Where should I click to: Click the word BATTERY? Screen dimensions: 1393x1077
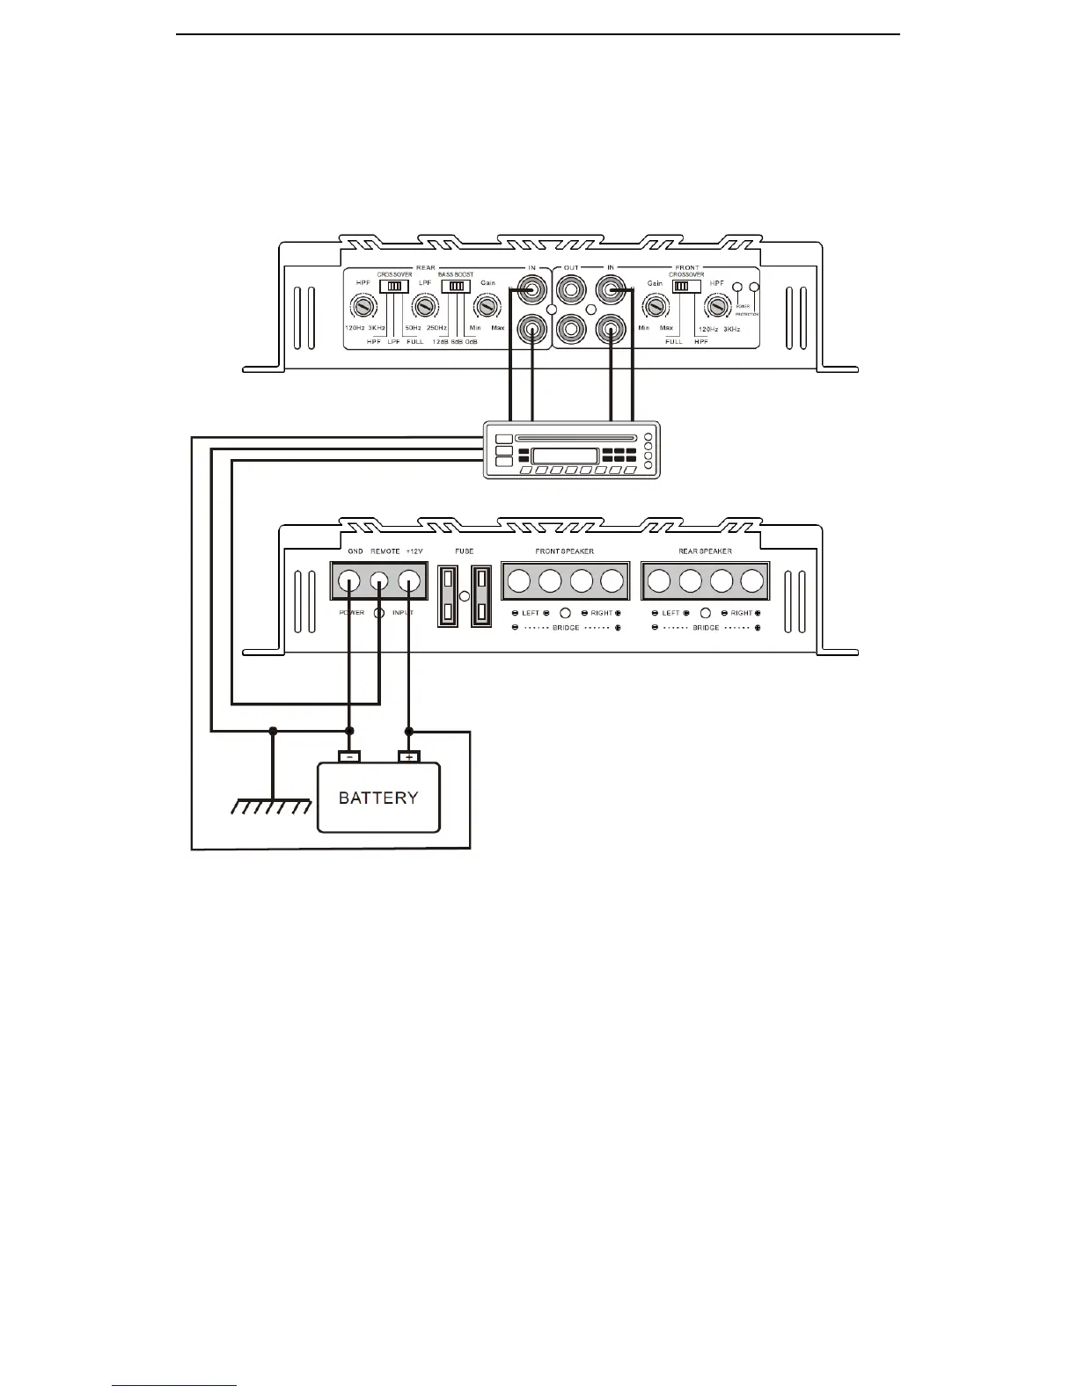(378, 799)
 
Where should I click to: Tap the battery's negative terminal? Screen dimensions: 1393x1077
(349, 756)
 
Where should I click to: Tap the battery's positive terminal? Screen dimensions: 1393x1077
(409, 756)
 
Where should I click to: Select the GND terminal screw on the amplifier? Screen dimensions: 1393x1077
(349, 580)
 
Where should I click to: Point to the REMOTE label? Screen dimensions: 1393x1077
(385, 551)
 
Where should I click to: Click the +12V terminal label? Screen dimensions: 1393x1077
(414, 551)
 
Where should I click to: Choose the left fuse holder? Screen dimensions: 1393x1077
(448, 596)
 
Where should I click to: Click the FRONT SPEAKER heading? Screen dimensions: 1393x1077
(564, 551)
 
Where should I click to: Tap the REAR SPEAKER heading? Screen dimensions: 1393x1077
(705, 551)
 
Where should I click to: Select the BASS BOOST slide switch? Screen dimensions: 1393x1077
(455, 286)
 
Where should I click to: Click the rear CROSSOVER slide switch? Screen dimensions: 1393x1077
(394, 286)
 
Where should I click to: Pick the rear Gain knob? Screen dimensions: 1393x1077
(486, 307)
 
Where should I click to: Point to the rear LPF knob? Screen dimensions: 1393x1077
(425, 307)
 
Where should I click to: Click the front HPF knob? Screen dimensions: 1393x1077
(718, 307)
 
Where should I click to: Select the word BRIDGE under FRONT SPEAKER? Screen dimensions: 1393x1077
(566, 628)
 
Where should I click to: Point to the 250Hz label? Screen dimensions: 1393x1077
(436, 328)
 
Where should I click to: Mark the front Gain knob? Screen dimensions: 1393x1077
(655, 307)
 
